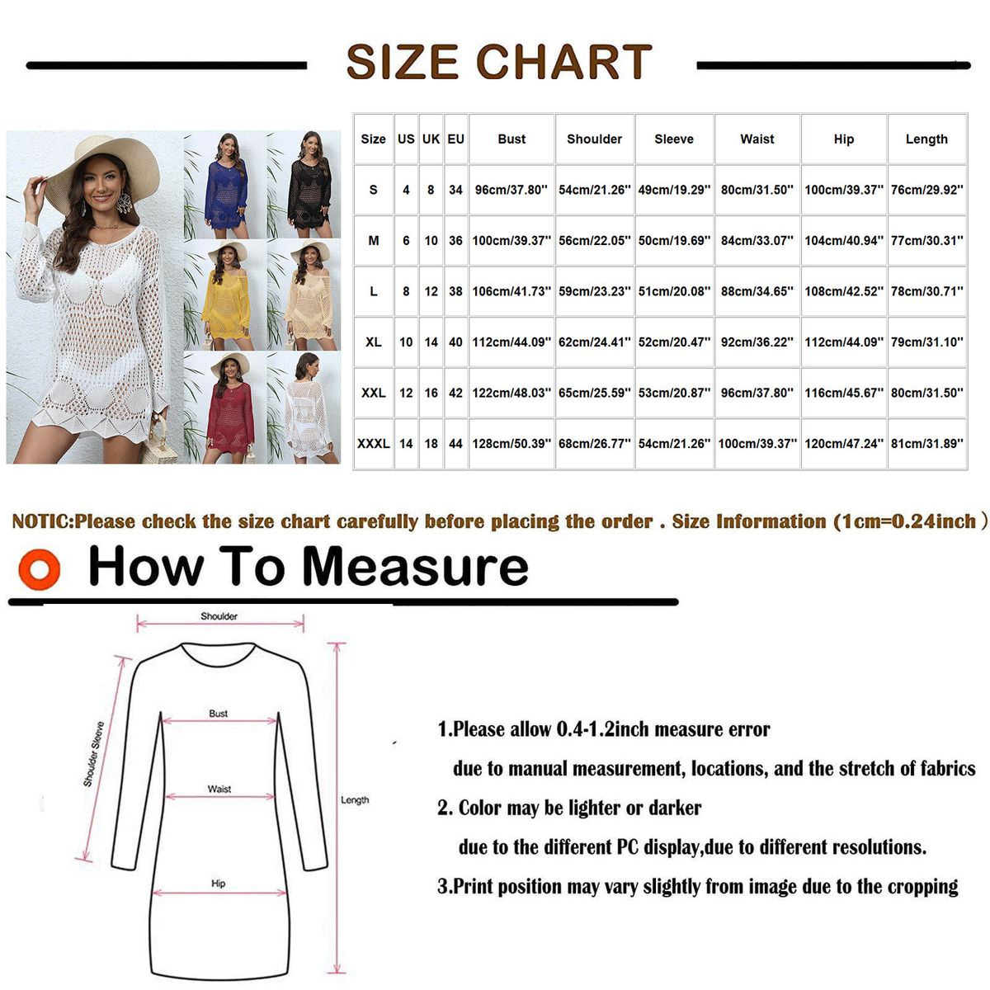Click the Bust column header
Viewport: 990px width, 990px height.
pos(511,139)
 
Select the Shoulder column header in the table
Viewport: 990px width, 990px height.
pos(594,139)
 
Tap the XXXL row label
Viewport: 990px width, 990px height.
pos(373,443)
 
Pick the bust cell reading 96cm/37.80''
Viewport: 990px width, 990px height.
pos(511,190)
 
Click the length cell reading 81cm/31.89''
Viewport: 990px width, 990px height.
pos(926,443)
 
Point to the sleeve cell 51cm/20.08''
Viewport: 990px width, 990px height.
pos(674,291)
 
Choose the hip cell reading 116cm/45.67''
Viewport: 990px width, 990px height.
pos(844,393)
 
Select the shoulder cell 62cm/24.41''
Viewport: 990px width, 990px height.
pos(594,342)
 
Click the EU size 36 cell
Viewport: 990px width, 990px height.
pos(455,240)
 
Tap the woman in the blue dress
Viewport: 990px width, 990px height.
pos(225,186)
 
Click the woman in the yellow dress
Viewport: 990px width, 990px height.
pos(226,296)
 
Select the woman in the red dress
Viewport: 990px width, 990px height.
pos(229,408)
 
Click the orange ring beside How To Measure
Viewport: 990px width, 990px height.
pos(39,569)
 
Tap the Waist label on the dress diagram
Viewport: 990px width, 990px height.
pos(219,789)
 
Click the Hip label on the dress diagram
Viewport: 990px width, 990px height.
pos(219,883)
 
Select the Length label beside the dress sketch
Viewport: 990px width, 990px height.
pos(355,800)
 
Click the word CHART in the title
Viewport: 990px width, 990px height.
pos(564,62)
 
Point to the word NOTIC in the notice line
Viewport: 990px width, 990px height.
pos(43,521)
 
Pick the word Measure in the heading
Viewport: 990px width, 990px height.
pos(416,566)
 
